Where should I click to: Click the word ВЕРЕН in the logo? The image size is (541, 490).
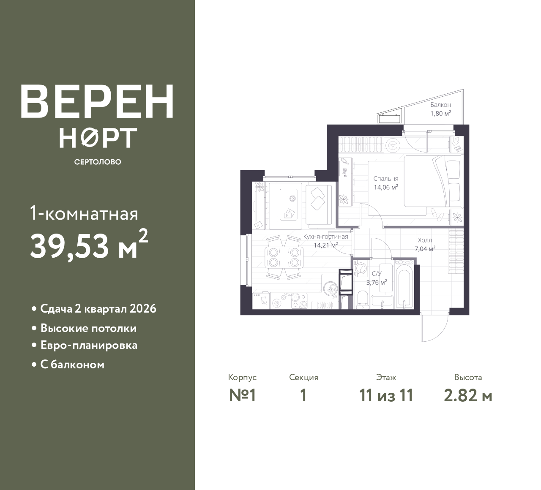[97, 101]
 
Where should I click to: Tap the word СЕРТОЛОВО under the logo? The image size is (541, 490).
[98, 162]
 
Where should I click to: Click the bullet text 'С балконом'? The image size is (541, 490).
[72, 365]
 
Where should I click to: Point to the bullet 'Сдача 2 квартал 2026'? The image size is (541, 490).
[98, 309]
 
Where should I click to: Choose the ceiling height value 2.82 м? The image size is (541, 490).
[468, 396]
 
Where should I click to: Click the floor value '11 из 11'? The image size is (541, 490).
[386, 396]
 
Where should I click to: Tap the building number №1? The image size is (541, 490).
[242, 396]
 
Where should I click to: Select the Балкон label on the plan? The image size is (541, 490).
[440, 105]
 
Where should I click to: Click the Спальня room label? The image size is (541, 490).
[385, 178]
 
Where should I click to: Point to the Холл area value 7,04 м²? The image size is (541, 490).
[425, 249]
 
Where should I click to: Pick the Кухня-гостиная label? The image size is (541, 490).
[325, 237]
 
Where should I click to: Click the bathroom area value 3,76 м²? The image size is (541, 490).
[377, 283]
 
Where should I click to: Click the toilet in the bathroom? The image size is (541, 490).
[362, 300]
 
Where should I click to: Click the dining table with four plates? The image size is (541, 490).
[284, 257]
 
